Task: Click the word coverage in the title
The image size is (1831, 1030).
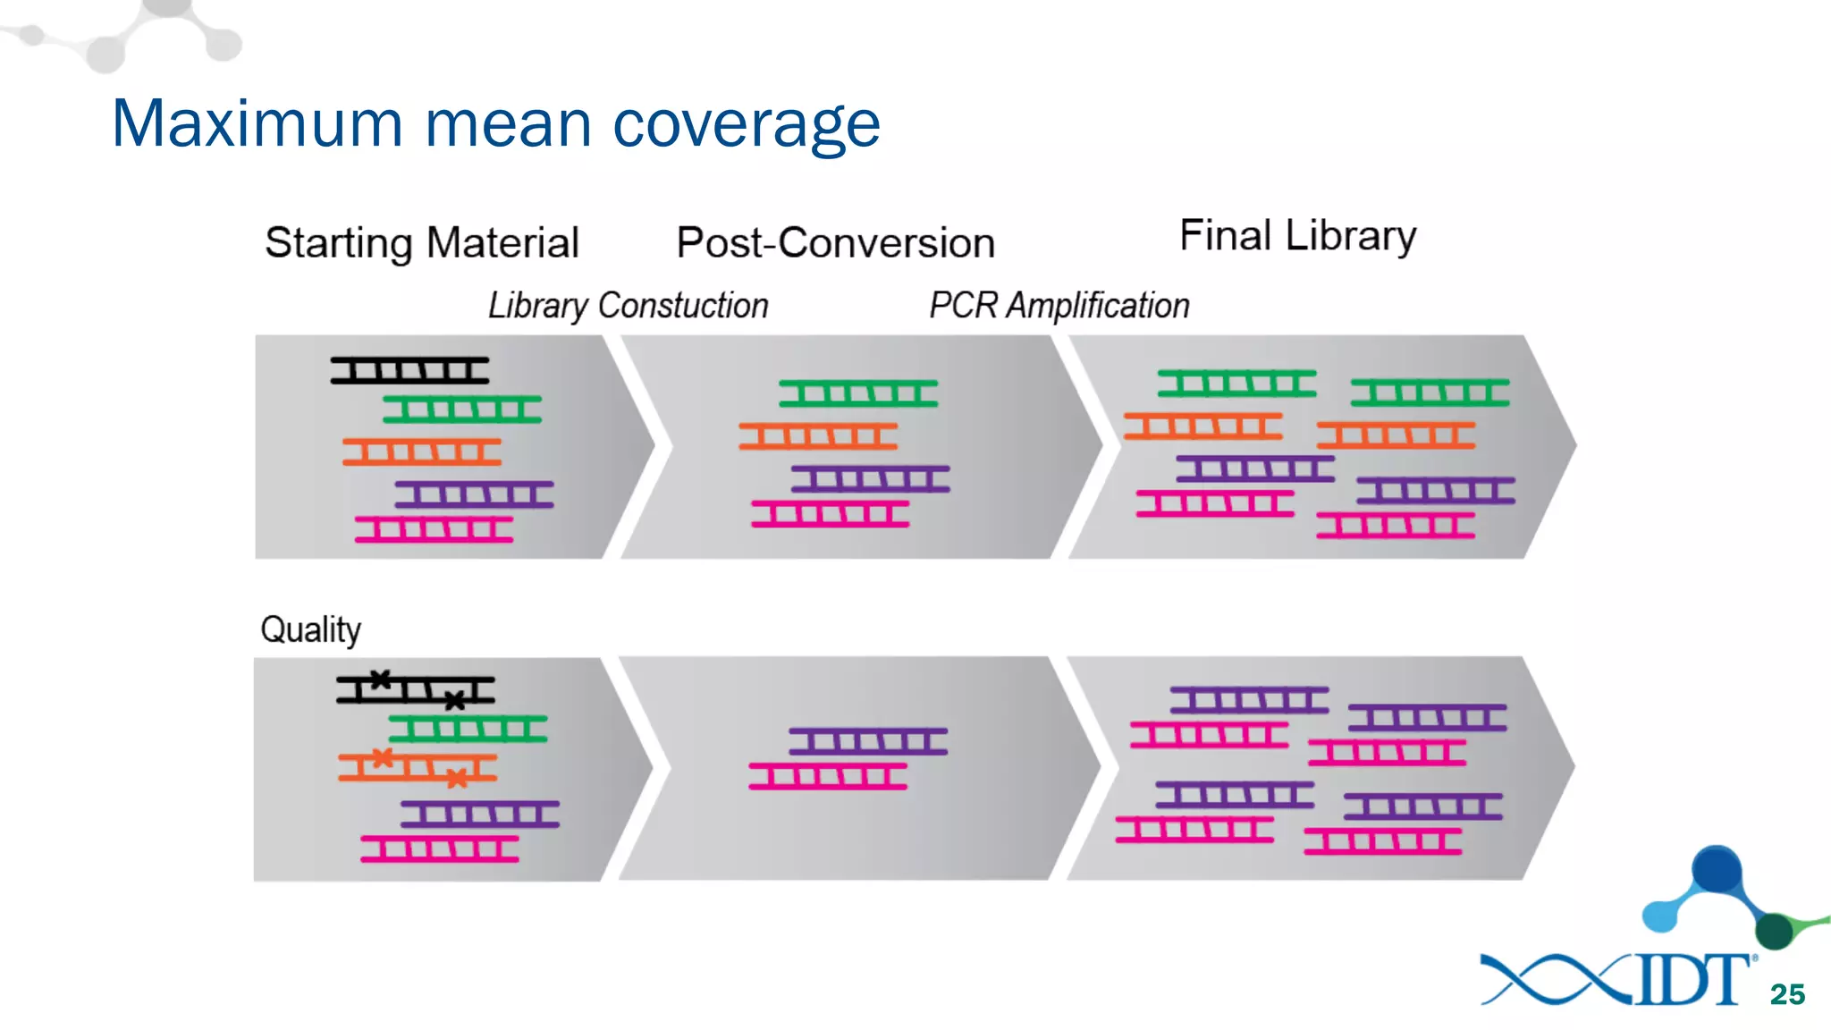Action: (x=746, y=125)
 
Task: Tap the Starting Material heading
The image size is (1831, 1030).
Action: (x=422, y=243)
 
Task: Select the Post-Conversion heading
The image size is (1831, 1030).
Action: (x=835, y=243)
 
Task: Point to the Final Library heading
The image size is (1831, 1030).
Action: (x=1297, y=236)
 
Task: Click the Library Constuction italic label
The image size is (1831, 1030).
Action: (x=628, y=306)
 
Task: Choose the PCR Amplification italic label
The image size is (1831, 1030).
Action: (x=1059, y=306)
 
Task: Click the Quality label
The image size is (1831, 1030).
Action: (x=310, y=630)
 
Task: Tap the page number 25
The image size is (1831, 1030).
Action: (x=1787, y=994)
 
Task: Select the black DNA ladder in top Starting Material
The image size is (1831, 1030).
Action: (x=409, y=370)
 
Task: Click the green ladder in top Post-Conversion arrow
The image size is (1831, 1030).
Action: (x=858, y=393)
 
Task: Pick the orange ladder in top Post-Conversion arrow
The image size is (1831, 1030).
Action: (x=817, y=436)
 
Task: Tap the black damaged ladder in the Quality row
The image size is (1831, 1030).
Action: (x=415, y=689)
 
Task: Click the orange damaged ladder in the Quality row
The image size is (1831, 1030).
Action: (x=417, y=767)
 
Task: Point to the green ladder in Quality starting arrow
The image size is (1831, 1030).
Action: (x=467, y=729)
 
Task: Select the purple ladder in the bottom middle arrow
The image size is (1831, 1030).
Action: (x=867, y=741)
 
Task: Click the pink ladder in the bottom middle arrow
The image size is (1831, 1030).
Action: (x=828, y=776)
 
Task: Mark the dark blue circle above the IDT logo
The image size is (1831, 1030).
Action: (x=1717, y=868)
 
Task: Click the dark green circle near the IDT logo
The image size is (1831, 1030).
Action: (x=1775, y=931)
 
